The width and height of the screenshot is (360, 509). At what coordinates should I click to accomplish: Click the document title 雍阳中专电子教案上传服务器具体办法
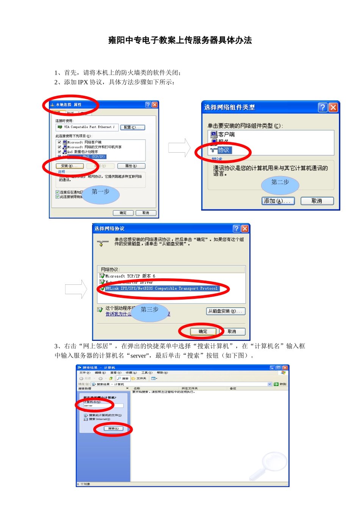coord(180,40)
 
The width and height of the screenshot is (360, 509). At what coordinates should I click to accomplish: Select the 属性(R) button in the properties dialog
coord(131,166)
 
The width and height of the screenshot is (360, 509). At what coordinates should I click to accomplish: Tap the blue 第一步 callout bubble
coord(101,194)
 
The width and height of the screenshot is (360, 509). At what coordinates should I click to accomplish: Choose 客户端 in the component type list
coord(226,134)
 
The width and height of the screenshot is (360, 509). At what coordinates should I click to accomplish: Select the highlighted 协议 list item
coord(224,150)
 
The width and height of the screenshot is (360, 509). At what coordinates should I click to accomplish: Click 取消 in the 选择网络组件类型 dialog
coord(317,201)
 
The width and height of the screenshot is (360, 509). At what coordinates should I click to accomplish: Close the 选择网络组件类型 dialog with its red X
coord(333,108)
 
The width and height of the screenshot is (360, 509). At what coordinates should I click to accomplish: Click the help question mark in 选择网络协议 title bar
coord(236,228)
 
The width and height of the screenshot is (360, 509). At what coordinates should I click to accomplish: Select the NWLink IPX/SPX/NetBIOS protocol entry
coord(161,289)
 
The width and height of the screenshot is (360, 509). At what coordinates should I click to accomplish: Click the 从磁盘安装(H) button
coord(226,311)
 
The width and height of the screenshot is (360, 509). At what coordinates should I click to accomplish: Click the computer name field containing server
coord(103,406)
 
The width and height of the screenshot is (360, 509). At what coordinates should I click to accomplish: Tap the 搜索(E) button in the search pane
coord(113,429)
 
